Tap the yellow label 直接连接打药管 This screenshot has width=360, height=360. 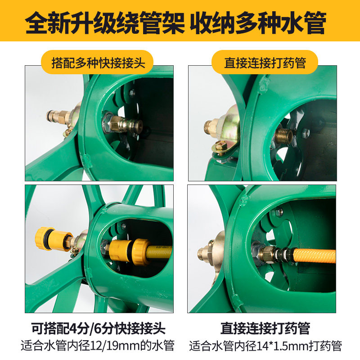[265, 62]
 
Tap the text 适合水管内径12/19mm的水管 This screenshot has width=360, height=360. [98, 346]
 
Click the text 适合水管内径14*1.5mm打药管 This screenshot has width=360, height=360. [265, 346]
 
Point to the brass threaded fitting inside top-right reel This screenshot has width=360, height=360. [285, 134]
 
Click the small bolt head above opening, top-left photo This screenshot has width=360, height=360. [132, 93]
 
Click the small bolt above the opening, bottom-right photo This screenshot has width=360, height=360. [279, 211]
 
